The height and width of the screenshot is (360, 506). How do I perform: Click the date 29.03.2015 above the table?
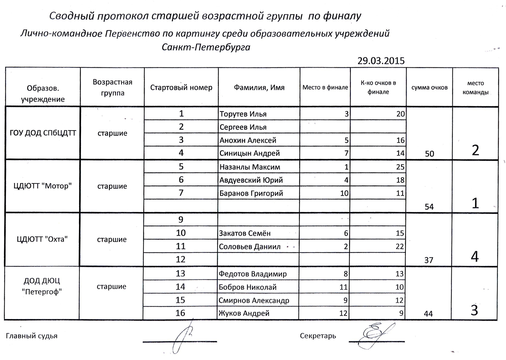pyautogui.click(x=381, y=61)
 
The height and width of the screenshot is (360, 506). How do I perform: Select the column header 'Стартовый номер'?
pyautogui.click(x=181, y=88)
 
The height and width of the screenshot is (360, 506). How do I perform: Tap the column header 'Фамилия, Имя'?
pyautogui.click(x=259, y=88)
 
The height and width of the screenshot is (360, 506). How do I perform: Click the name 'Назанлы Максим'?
pyautogui.click(x=250, y=167)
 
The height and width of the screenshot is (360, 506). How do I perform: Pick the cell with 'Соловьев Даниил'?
pyautogui.click(x=250, y=247)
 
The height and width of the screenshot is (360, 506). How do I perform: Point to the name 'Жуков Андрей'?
pyautogui.click(x=244, y=313)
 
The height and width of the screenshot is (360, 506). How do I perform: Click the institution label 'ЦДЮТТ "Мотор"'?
pyautogui.click(x=43, y=186)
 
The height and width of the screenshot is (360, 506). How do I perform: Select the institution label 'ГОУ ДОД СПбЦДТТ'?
pyautogui.click(x=43, y=133)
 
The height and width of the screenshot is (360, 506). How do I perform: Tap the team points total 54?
pyautogui.click(x=429, y=207)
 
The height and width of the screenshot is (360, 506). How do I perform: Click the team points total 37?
pyautogui.click(x=429, y=260)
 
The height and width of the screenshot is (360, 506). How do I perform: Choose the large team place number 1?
pyautogui.click(x=475, y=203)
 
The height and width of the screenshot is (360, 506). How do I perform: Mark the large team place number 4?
pyautogui.click(x=475, y=257)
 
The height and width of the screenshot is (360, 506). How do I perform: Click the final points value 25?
pyautogui.click(x=400, y=167)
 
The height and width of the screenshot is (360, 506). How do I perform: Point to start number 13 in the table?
pyautogui.click(x=180, y=273)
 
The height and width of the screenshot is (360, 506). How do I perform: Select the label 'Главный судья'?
pyautogui.click(x=32, y=336)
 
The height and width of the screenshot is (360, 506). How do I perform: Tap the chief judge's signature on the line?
pyautogui.click(x=184, y=339)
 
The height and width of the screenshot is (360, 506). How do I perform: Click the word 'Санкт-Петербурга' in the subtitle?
pyautogui.click(x=206, y=47)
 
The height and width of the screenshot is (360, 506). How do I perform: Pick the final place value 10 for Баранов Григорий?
pyautogui.click(x=344, y=193)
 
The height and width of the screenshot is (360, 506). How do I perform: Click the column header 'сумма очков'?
pyautogui.click(x=429, y=88)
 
